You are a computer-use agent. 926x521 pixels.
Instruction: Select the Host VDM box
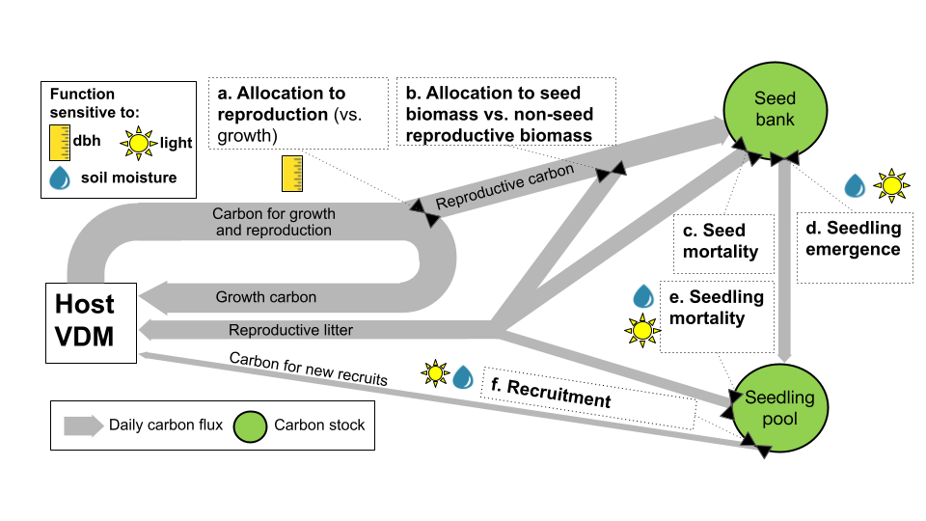click(x=92, y=322)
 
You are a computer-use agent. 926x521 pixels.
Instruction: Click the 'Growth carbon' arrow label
click(x=265, y=297)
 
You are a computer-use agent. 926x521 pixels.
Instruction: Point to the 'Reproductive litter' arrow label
click(x=290, y=330)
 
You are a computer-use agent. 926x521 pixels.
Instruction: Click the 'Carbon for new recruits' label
click(x=308, y=369)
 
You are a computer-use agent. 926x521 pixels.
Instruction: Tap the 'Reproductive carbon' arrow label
click(x=505, y=186)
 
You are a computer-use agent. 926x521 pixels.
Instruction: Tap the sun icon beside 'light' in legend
click(x=140, y=144)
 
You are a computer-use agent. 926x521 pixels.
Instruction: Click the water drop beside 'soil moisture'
click(x=60, y=178)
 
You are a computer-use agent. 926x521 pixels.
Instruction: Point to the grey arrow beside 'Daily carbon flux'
click(x=83, y=425)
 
